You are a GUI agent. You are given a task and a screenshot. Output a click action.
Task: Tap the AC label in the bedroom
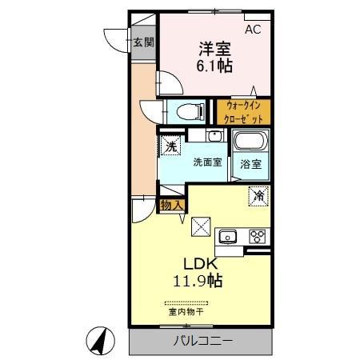pos(252,30)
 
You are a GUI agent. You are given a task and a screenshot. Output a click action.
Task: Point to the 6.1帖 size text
pos(214,66)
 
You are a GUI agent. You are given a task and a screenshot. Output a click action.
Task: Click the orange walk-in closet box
pos(243,111)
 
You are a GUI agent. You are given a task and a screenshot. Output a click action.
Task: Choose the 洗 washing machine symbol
pos(170,146)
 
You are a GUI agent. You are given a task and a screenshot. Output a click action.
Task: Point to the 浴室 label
pos(250,164)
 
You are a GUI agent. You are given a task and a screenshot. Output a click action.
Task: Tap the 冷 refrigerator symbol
pos(258,194)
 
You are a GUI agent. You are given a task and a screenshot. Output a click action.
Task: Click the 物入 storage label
pos(172,206)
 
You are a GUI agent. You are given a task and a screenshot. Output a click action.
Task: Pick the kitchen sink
pos(228,236)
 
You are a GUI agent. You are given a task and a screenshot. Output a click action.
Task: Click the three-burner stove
pos(258,236)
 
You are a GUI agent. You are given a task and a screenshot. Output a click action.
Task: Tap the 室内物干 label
pos(186,312)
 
